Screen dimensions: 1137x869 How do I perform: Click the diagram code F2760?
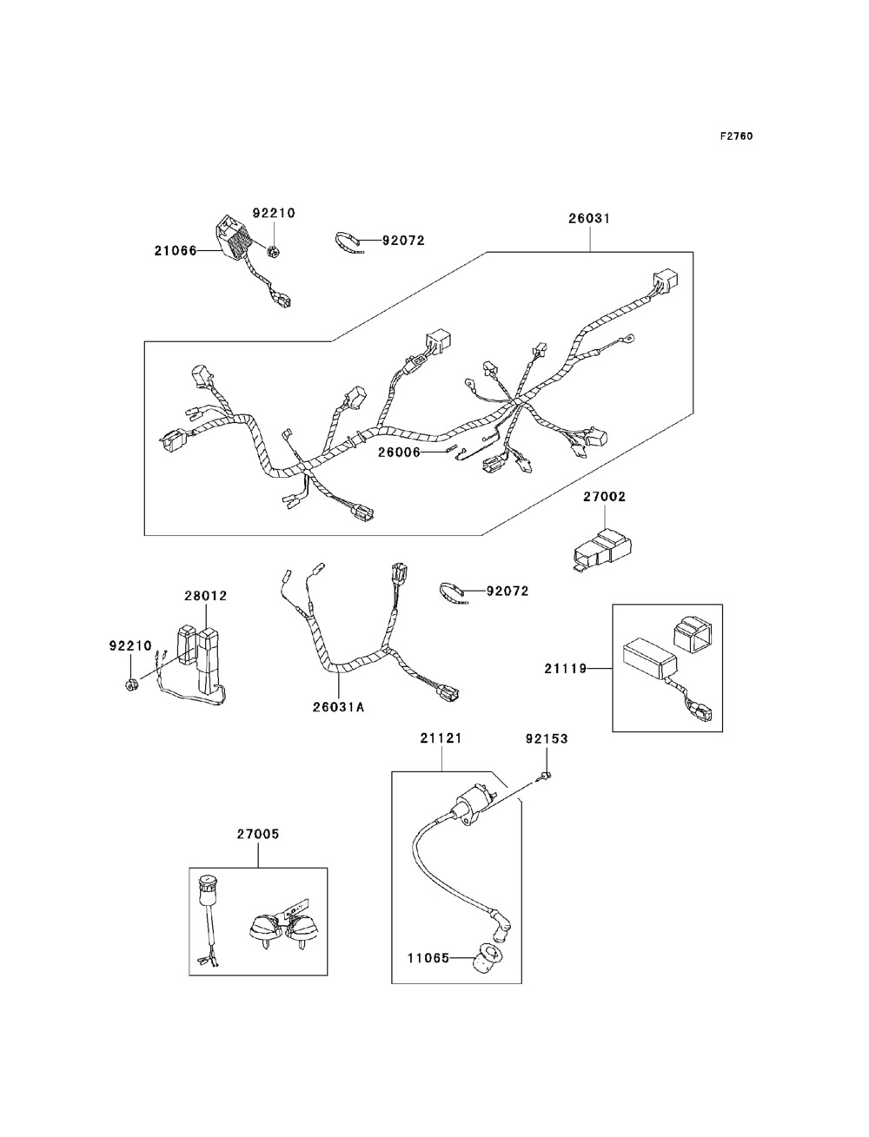coord(736,136)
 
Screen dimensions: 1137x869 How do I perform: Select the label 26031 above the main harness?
coord(589,219)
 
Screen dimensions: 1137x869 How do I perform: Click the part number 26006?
coord(398,453)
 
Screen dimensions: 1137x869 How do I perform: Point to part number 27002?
coord(604,497)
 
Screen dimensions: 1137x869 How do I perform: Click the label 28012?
coord(205,596)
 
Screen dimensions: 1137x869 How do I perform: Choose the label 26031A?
coord(338,706)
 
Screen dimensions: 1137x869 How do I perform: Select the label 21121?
coord(441,738)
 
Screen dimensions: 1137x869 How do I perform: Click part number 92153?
coord(547,739)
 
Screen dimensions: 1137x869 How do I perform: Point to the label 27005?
coord(258,834)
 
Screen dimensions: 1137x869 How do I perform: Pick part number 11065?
coord(428,958)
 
